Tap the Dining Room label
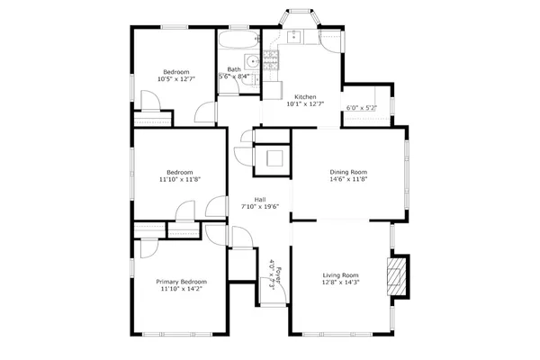point(348,171)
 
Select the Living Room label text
point(341,275)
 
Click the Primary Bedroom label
point(181,282)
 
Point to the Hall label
point(259,199)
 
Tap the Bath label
point(234,69)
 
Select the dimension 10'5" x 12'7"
point(175,79)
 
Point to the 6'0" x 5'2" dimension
point(361,109)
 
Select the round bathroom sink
point(253,61)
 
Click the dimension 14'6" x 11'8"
point(348,179)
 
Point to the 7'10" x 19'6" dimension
point(259,207)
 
